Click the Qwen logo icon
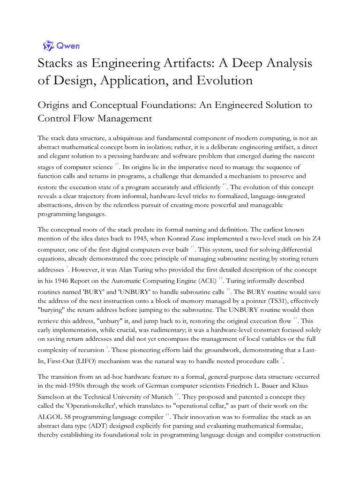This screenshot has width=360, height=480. pyautogui.click(x=48, y=45)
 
